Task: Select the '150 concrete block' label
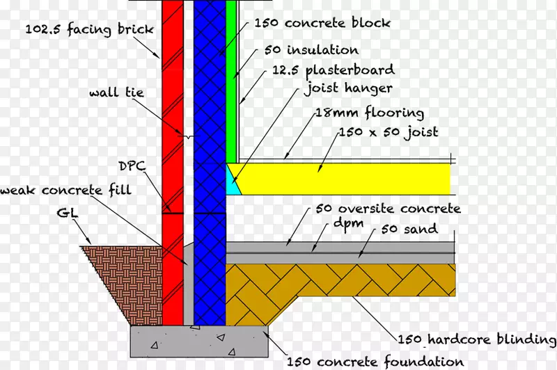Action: pyautogui.click(x=322, y=23)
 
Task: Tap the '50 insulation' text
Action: pyautogui.click(x=311, y=51)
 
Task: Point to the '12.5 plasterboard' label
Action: pyautogui.click(x=334, y=70)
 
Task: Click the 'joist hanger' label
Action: pyautogui.click(x=348, y=88)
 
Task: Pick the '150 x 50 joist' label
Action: pyautogui.click(x=388, y=132)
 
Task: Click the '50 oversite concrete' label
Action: pyautogui.click(x=388, y=209)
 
